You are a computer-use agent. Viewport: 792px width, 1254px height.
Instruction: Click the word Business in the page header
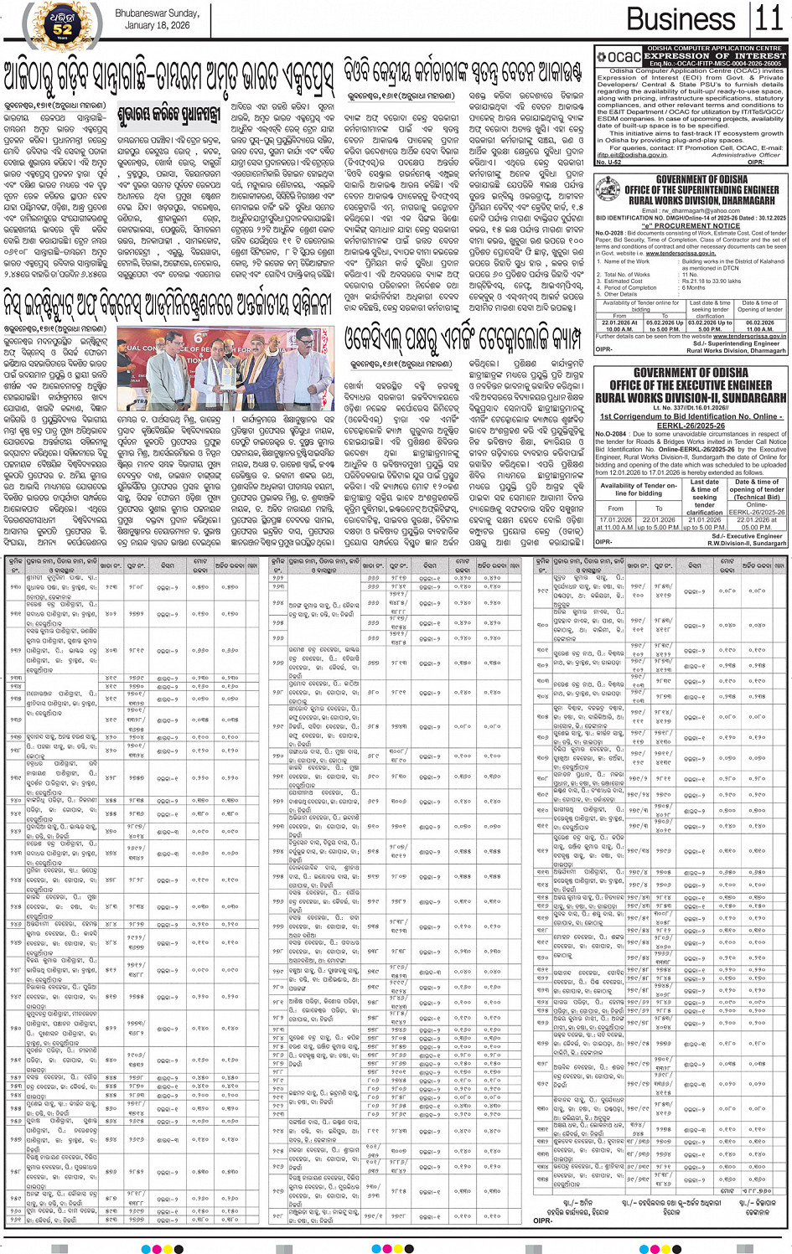[681, 18]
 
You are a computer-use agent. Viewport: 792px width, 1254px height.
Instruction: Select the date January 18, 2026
[157, 25]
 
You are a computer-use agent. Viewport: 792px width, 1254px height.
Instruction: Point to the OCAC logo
[619, 56]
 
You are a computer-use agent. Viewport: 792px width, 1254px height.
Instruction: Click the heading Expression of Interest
[714, 56]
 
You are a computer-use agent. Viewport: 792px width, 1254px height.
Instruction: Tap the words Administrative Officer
[744, 155]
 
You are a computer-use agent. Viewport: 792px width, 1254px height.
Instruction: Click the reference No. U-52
[609, 162]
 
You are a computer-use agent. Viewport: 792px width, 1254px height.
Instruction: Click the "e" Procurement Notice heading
[690, 225]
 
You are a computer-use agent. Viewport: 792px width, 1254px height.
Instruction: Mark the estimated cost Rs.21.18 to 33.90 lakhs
[711, 281]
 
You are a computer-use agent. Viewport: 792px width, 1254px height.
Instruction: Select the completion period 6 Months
[693, 287]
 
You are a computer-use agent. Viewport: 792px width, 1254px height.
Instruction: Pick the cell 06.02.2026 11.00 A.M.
[759, 326]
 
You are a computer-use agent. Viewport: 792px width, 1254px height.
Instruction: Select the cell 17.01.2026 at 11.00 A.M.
[616, 524]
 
